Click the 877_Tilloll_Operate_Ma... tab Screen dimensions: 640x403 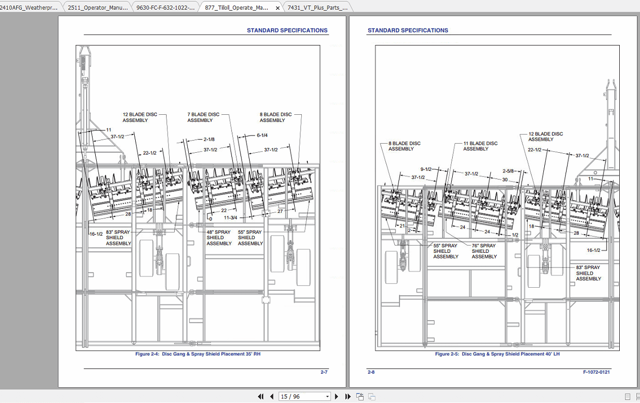[236, 8]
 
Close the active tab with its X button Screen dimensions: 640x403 [277, 8]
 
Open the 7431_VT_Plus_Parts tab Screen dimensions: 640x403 [317, 8]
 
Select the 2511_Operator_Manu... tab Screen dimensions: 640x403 [98, 8]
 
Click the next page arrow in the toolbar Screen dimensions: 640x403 [336, 396]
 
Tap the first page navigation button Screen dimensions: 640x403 [261, 396]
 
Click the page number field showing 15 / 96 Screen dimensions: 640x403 [305, 396]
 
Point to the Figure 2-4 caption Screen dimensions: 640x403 [197, 354]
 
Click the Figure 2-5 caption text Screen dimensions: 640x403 [497, 354]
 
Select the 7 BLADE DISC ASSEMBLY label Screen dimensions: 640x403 [203, 117]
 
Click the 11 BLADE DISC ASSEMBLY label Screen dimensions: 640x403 [480, 146]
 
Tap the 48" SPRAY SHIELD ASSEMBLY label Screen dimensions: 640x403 [219, 238]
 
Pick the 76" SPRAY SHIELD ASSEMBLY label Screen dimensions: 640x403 [484, 251]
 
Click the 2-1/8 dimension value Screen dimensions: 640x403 [209, 139]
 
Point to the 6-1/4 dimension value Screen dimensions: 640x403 [262, 136]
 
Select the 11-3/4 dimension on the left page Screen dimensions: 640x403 [230, 218]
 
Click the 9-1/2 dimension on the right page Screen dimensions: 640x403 [426, 169]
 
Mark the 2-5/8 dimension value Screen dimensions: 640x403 [508, 171]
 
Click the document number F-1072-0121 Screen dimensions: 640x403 [596, 372]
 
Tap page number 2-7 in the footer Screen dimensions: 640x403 [324, 372]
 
